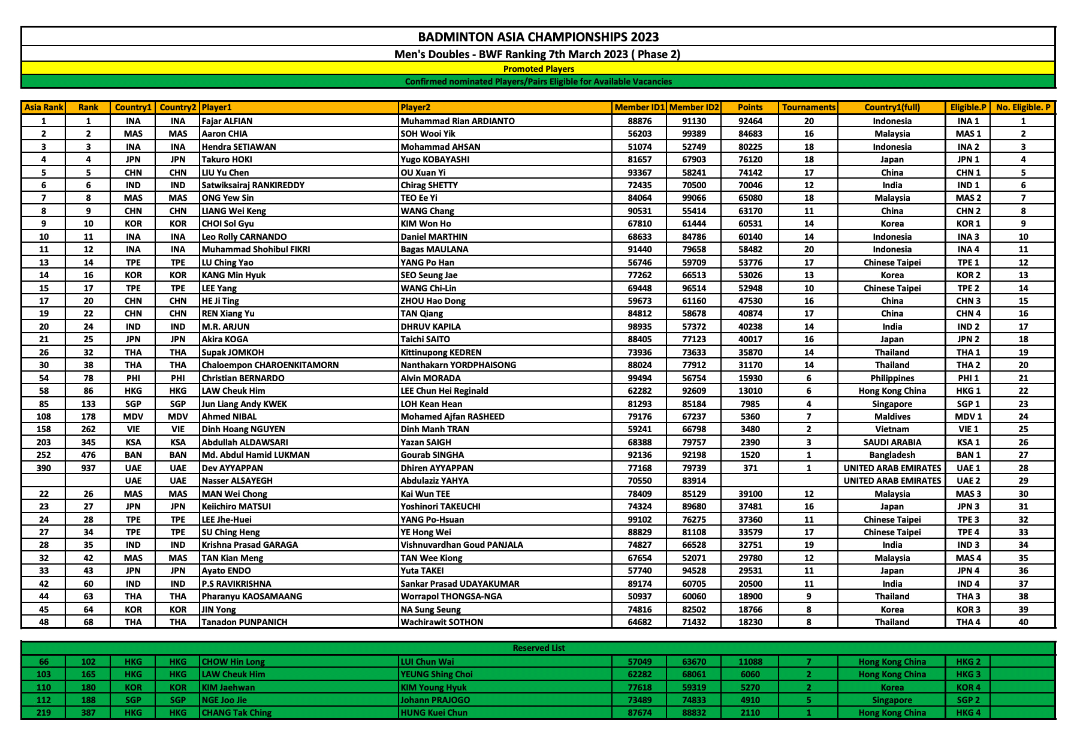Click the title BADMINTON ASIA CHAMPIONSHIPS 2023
[538, 37]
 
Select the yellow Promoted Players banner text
[538, 69]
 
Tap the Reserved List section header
[538, 648]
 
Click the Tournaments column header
[808, 108]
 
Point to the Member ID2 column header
[693, 108]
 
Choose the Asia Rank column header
[44, 108]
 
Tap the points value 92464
[750, 121]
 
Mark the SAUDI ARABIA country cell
[892, 442]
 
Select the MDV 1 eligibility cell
[968, 417]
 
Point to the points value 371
[750, 468]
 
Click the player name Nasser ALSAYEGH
[237, 481]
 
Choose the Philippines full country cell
[892, 378]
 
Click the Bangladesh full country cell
[892, 455]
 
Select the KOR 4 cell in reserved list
[968, 687]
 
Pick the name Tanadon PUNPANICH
[245, 622]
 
